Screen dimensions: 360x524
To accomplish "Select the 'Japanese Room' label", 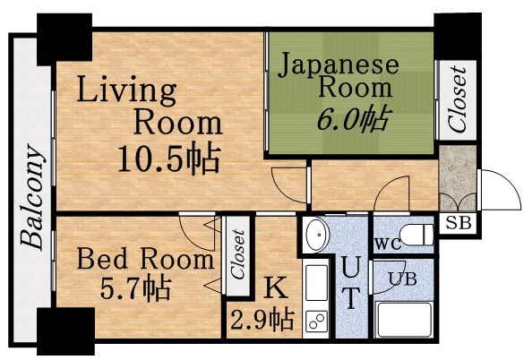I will (338, 75).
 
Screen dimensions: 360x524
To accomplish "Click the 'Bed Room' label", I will (144, 261).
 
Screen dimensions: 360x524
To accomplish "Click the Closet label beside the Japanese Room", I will (458, 99).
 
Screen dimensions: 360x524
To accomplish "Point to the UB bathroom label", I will (401, 277).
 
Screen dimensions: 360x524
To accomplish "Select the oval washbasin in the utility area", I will (317, 237).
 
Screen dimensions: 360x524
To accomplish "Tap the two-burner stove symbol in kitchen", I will (316, 319).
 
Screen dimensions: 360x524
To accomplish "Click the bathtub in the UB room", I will (405, 321).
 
